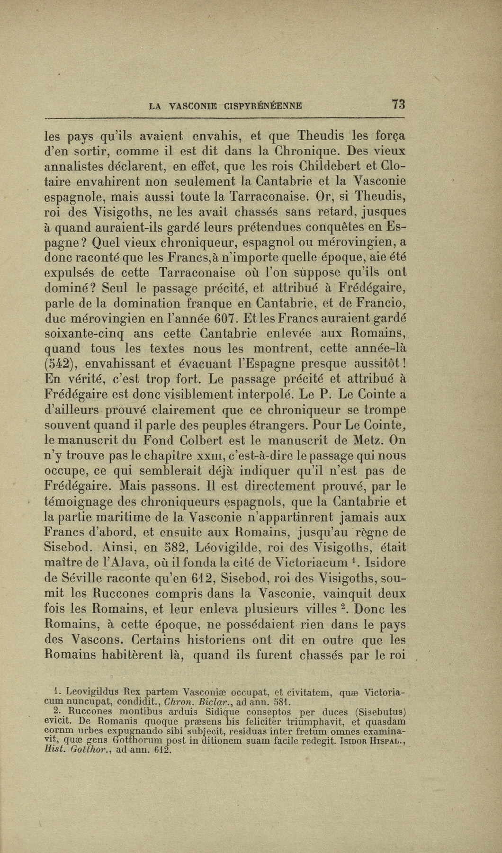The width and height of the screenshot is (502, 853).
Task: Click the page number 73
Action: pyautogui.click(x=397, y=104)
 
